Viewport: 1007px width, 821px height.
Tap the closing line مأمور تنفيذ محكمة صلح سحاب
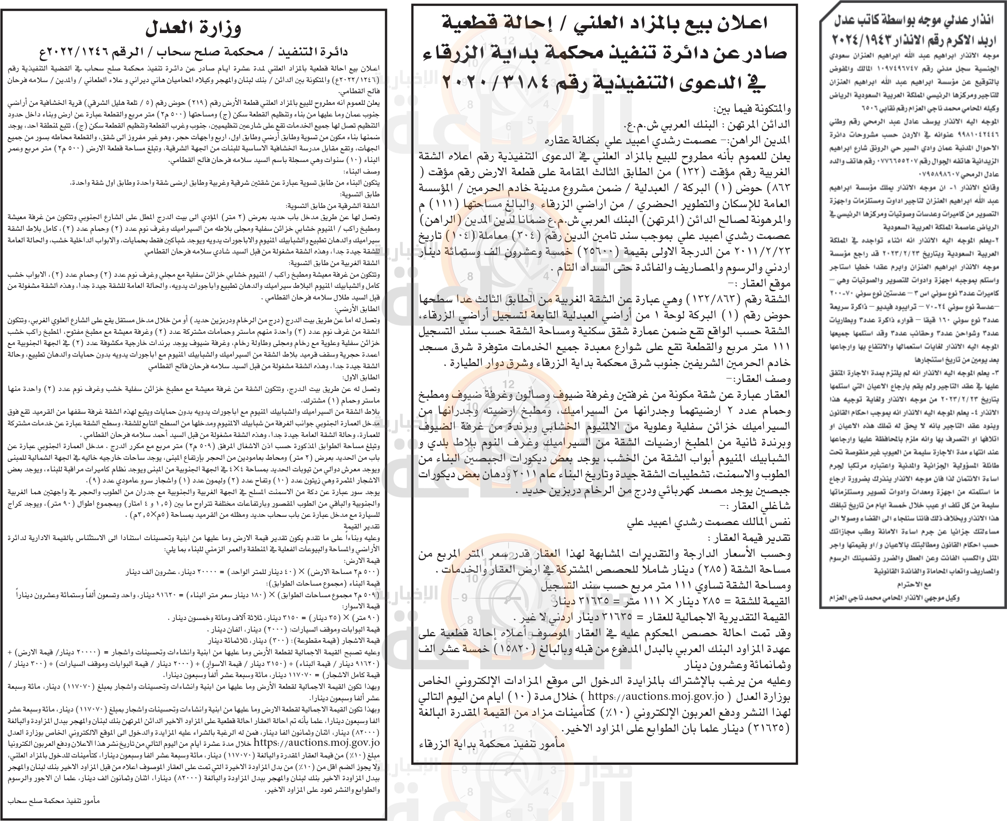point(54,800)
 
